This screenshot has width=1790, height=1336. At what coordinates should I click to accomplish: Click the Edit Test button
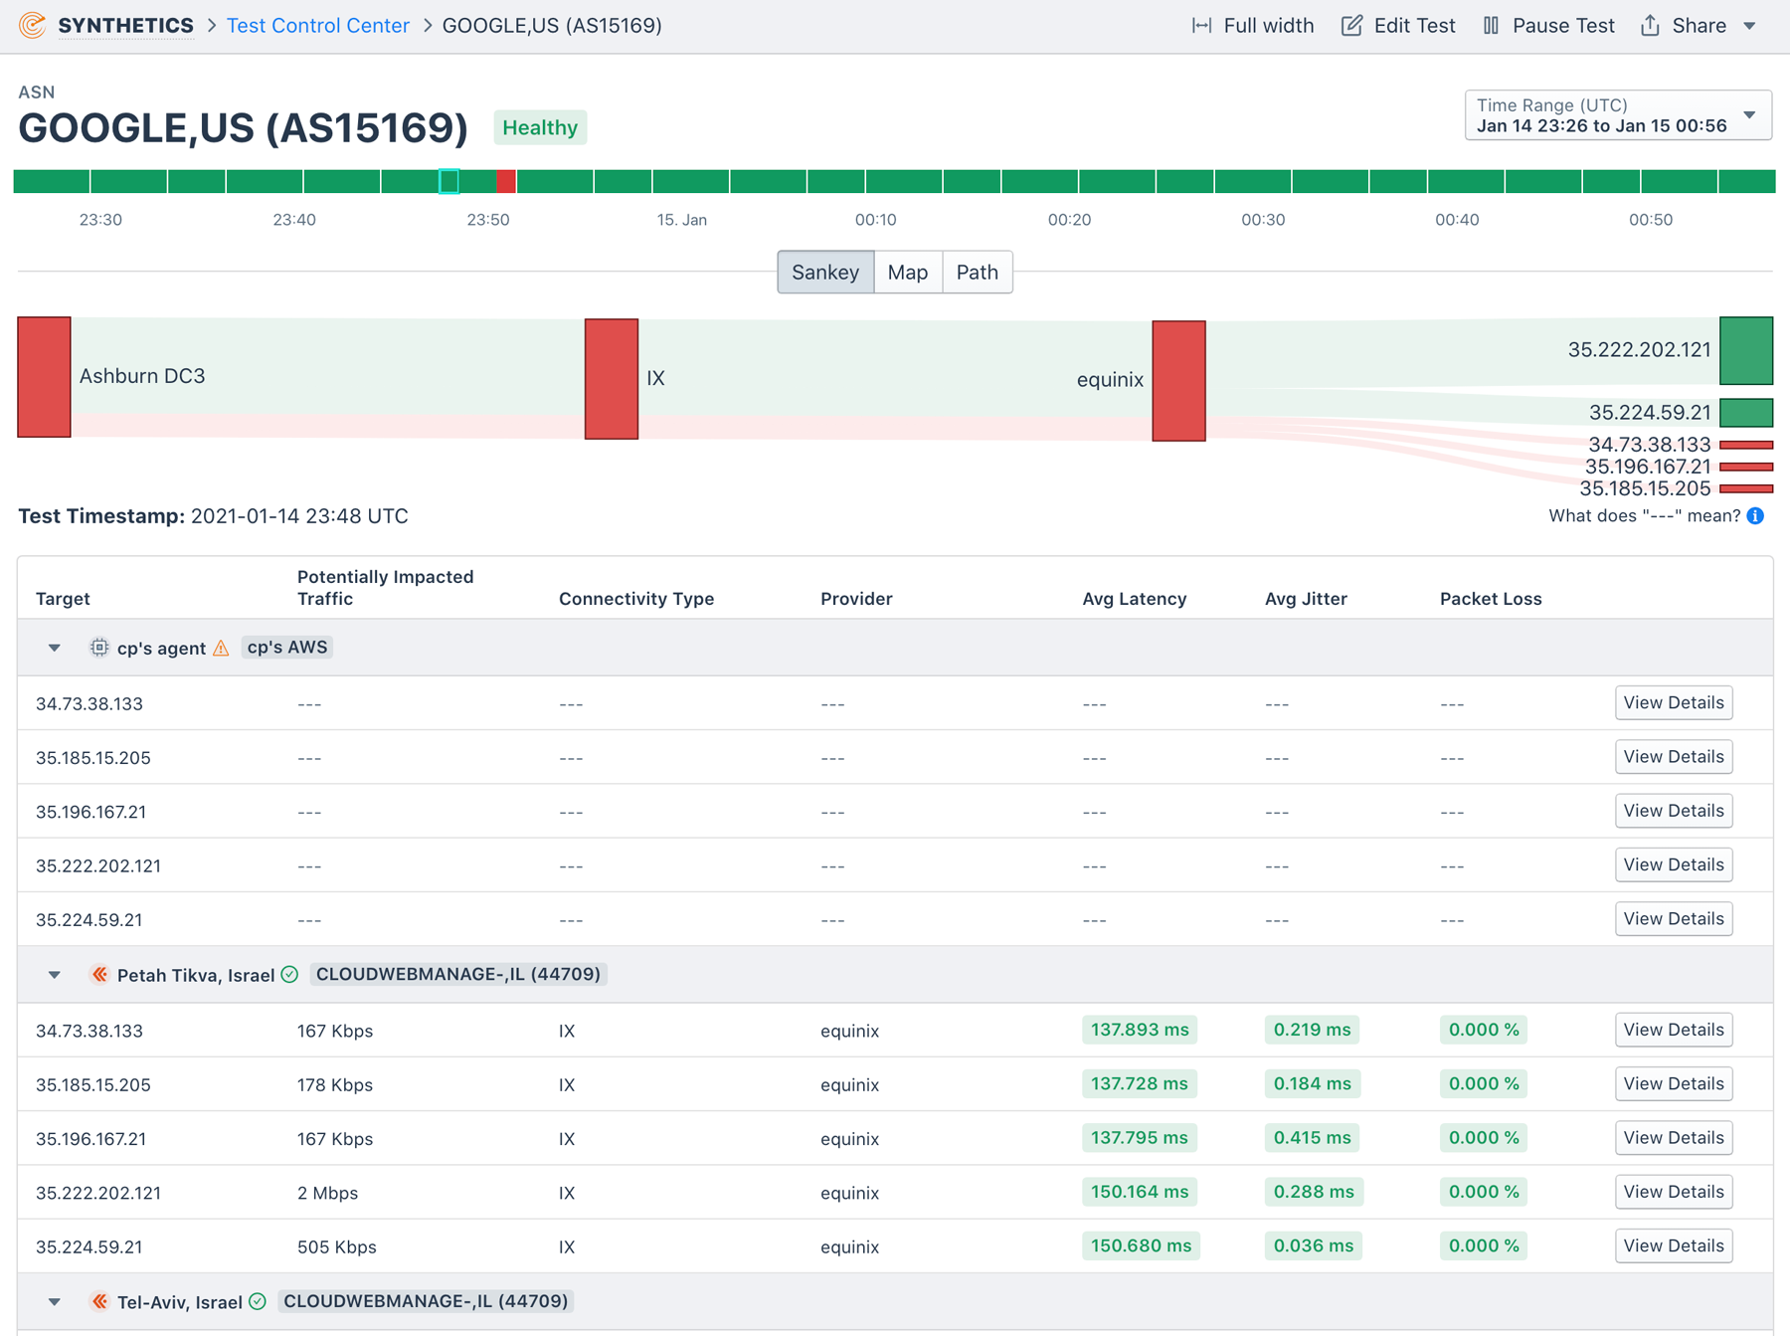(x=1397, y=26)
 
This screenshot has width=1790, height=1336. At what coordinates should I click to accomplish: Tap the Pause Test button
(x=1548, y=26)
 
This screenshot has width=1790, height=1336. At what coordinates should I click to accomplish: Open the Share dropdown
(x=1699, y=26)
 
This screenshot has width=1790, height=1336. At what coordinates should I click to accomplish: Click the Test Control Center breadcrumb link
(x=317, y=26)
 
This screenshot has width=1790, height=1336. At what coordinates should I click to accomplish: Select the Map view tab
(x=907, y=273)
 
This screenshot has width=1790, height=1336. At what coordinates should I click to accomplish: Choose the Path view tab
(x=977, y=273)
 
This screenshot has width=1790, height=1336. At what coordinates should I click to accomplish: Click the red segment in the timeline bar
(x=506, y=181)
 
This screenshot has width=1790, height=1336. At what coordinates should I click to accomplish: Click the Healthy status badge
(x=540, y=128)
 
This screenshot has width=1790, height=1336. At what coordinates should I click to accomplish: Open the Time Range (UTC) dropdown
(x=1617, y=115)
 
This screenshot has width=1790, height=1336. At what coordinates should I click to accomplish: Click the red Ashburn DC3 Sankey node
(x=44, y=377)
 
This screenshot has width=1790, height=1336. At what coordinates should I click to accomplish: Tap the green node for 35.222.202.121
(x=1746, y=350)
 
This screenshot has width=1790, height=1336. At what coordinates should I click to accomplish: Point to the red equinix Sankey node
(x=1178, y=380)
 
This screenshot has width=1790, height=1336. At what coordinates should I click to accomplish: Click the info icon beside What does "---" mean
(x=1756, y=516)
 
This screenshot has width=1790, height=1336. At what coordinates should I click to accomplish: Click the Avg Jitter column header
(x=1306, y=599)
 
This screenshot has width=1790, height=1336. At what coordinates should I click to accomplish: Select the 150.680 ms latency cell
(x=1141, y=1246)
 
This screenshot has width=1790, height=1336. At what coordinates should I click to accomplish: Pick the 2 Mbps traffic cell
(x=327, y=1193)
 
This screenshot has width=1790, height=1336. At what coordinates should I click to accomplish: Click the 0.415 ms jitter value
(x=1312, y=1138)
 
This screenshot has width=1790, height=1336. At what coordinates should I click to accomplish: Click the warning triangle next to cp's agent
(x=221, y=649)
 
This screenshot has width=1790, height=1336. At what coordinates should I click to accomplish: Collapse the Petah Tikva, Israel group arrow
(x=55, y=975)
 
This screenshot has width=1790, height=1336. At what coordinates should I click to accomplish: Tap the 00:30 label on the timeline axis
(x=1263, y=220)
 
